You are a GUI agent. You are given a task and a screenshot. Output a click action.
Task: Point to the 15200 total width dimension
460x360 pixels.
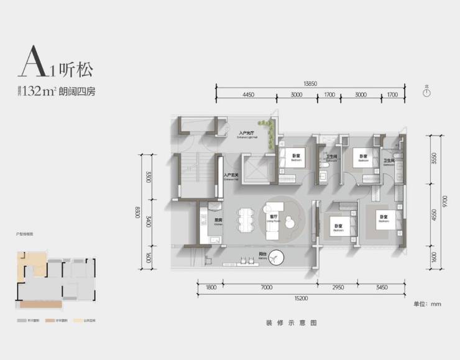tap(301, 298)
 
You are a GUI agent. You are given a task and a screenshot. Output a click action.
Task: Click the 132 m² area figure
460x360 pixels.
tap(39, 91)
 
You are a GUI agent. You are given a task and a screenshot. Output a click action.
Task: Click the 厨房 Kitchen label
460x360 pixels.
tap(218, 221)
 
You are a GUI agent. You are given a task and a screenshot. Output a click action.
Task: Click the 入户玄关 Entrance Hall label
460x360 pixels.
tap(231, 175)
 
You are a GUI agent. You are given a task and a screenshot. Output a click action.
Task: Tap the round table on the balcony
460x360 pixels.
tap(276, 257)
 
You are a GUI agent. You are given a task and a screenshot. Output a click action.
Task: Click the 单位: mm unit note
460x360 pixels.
tap(427, 303)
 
